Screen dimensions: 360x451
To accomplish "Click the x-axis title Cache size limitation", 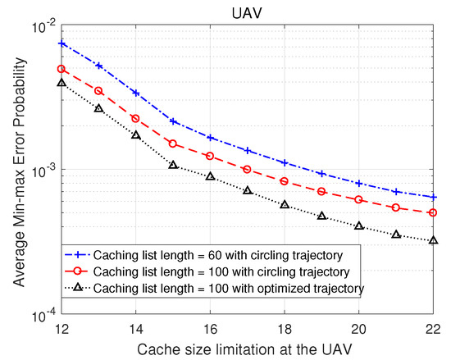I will pyautogui.click(x=246, y=349).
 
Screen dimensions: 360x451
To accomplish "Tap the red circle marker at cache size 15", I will pyautogui.click(x=173, y=144).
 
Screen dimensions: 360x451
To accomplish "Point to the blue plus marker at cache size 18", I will pyautogui.click(x=284, y=162).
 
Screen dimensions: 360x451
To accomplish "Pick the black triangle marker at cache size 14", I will pyautogui.click(x=136, y=134).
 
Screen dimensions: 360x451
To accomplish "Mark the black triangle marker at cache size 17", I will pyautogui.click(x=247, y=190).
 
